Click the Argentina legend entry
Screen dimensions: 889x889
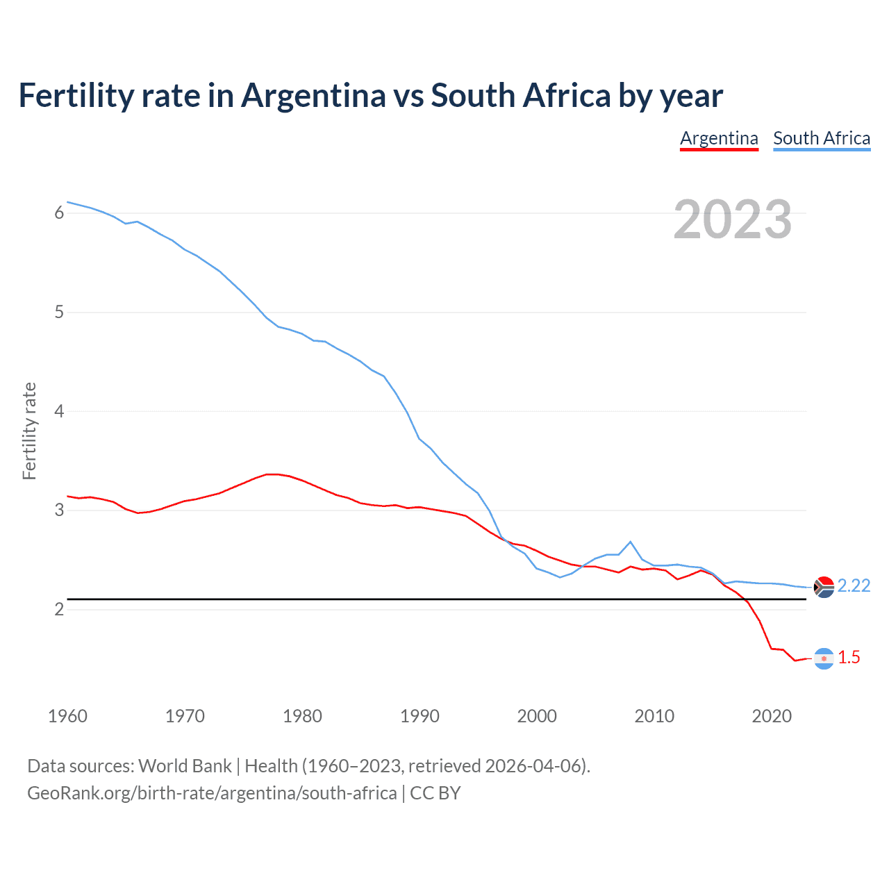719,138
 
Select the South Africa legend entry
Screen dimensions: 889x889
822,138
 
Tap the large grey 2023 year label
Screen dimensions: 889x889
733,219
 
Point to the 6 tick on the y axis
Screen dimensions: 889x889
59,213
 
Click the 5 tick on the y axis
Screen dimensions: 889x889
59,312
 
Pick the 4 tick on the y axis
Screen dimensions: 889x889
59,411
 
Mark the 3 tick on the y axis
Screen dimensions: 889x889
59,510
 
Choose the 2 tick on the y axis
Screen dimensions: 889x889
59,609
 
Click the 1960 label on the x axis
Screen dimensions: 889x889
67,716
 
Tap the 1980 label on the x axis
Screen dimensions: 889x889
302,716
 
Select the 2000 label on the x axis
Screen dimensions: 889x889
537,716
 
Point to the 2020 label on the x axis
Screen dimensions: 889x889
772,716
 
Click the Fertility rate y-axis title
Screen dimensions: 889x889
29,431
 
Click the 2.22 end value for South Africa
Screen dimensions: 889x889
854,586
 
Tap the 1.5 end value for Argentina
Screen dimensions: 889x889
849,658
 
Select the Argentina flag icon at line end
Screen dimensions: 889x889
824,658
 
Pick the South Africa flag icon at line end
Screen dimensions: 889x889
824,588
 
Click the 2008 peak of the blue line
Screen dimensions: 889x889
631,542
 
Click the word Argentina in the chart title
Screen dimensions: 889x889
313,95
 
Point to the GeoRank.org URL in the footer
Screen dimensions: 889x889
212,793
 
